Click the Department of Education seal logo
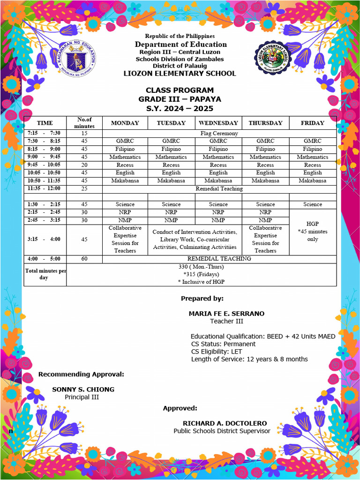point(77,60)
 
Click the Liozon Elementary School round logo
point(275,60)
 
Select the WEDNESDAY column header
point(218,123)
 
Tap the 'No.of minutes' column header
point(84,123)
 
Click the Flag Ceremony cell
point(218,133)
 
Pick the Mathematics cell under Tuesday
point(171,157)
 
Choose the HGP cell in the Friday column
point(312,232)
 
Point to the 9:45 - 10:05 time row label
point(45,165)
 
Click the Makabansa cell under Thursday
point(265,180)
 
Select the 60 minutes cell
point(84,259)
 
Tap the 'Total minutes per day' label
point(45,274)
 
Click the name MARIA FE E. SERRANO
point(226,314)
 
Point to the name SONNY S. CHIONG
point(83,390)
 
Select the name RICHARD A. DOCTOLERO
point(225,423)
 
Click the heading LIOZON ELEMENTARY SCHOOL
point(180,74)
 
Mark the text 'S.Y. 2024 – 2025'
point(180,108)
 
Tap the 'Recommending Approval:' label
point(81,374)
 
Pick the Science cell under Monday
point(125,204)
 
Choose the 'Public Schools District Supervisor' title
point(222,431)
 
